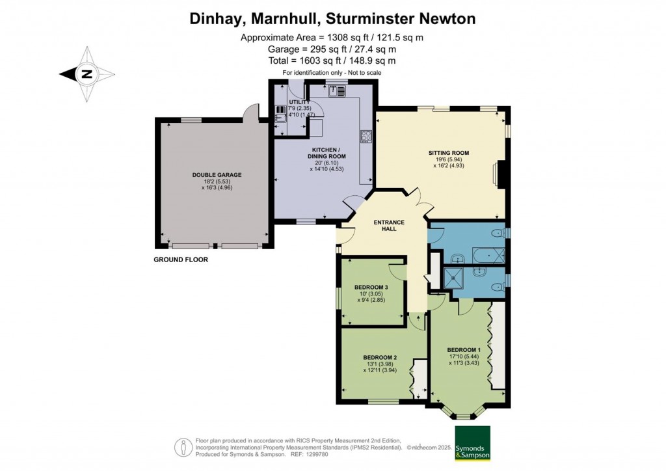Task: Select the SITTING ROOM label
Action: pos(448,153)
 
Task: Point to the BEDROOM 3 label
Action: pos(371,288)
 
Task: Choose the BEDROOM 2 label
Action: pos(380,357)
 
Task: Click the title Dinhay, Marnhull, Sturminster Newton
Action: pos(332,19)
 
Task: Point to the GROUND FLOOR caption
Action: pos(180,260)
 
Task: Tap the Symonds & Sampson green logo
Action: pos(472,443)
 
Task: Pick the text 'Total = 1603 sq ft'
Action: pos(332,61)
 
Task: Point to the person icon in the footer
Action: pos(183,447)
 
